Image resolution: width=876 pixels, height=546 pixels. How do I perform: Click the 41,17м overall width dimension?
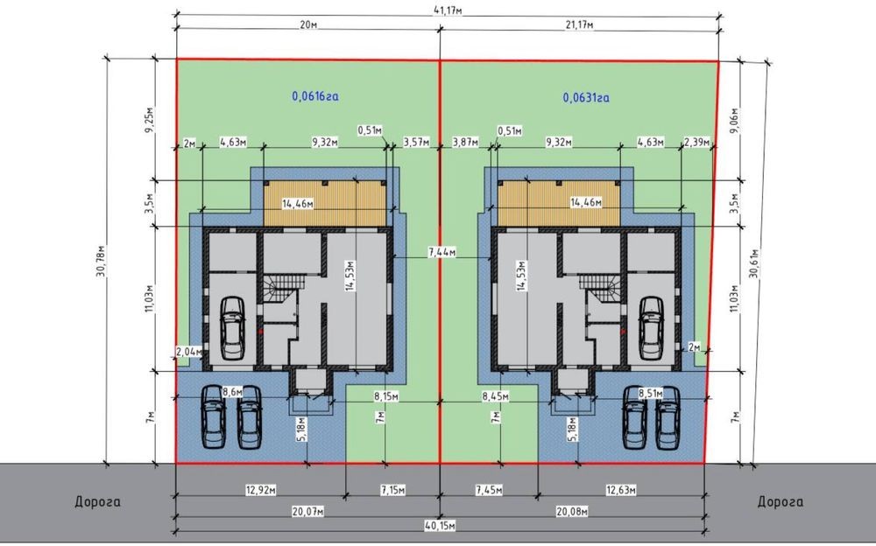click(449, 10)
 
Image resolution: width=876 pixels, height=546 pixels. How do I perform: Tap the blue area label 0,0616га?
click(315, 96)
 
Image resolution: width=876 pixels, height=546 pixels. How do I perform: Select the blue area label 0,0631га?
click(586, 98)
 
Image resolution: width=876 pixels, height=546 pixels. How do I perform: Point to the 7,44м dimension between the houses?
click(442, 252)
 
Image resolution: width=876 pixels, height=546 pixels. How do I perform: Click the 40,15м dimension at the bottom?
click(441, 525)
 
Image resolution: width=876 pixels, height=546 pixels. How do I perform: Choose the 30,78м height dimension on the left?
click(102, 262)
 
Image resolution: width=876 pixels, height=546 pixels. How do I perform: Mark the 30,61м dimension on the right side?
click(755, 263)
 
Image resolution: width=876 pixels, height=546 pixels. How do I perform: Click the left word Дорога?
click(98, 501)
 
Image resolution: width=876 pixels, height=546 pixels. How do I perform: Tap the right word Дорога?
click(781, 501)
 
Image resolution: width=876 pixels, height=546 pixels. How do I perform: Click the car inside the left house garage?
click(232, 328)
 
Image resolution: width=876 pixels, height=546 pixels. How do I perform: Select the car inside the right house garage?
click(651, 328)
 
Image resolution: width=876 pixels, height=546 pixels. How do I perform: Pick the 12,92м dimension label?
click(261, 490)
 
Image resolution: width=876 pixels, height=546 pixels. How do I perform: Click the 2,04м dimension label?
click(187, 351)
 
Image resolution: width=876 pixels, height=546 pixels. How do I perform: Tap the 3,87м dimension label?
click(465, 143)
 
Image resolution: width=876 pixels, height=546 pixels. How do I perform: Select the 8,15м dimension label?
click(386, 396)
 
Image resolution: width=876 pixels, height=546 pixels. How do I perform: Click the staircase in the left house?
click(282, 288)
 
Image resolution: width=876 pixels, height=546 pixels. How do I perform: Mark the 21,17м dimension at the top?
click(579, 25)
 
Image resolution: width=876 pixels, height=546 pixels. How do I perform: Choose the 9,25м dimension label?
click(149, 120)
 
